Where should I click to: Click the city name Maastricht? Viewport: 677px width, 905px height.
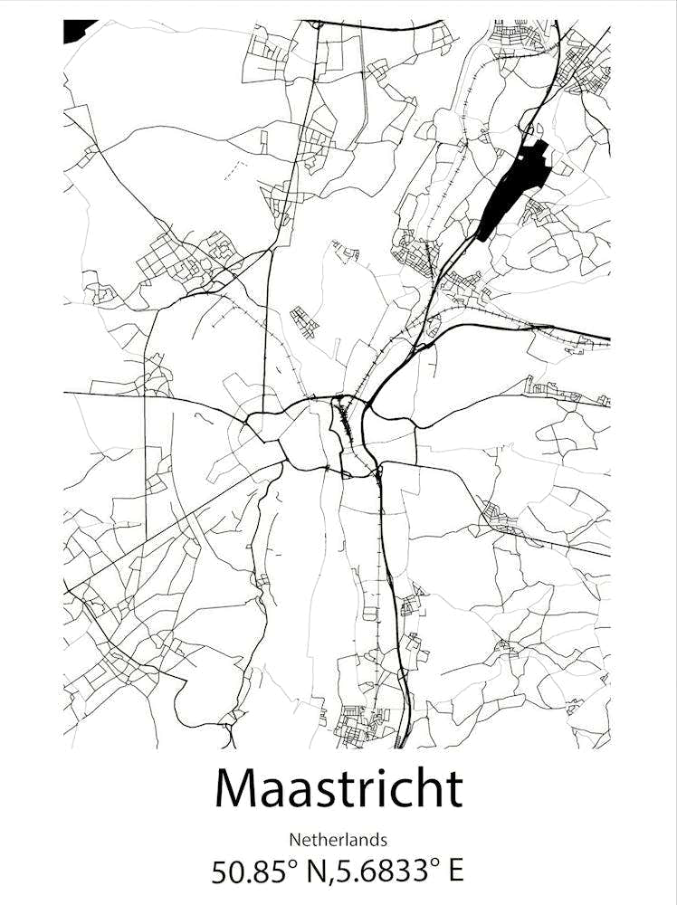click(338, 788)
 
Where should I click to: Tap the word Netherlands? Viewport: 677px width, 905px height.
click(338, 839)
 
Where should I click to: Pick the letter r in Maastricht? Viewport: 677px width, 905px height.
click(371, 793)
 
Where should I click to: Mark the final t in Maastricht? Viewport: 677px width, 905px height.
click(452, 790)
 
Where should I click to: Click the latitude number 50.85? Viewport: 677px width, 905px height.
click(245, 872)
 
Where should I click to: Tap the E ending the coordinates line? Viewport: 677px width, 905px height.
click(454, 872)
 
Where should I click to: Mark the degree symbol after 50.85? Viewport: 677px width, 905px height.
click(291, 863)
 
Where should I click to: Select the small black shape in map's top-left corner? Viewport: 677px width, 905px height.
click(76, 30)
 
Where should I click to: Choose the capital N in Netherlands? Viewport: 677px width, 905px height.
click(294, 839)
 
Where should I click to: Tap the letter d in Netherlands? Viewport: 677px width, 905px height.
click(372, 839)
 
